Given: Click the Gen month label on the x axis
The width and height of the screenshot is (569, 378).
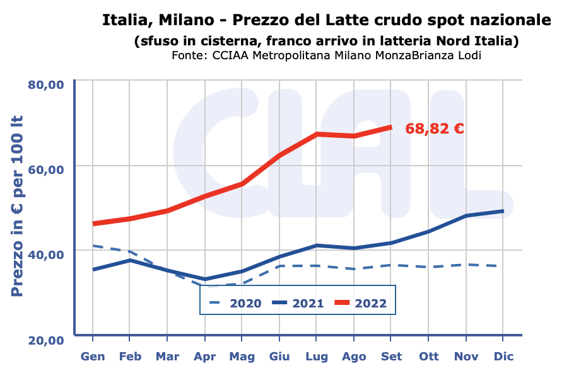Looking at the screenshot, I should click(93, 357).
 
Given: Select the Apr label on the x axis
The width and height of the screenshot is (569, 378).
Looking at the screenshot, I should click(204, 357).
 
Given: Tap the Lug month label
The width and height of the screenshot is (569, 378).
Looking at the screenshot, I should click(317, 357).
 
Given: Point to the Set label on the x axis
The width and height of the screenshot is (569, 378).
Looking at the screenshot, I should click(391, 357).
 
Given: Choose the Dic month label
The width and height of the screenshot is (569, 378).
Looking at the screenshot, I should click(503, 357).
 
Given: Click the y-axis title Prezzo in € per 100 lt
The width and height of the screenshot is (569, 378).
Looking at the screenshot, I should click(17, 207).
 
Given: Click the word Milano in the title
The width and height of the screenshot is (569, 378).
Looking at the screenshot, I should click(184, 20).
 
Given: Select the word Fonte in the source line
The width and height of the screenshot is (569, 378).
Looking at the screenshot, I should click(187, 55).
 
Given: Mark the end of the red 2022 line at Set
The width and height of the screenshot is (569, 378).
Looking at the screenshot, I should click(391, 127).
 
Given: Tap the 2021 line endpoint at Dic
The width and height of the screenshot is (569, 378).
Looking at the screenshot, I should click(503, 211).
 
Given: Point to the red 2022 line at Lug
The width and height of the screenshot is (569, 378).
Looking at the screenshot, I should click(317, 134).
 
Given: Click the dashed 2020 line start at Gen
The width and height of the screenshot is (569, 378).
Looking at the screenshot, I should click(93, 246).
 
